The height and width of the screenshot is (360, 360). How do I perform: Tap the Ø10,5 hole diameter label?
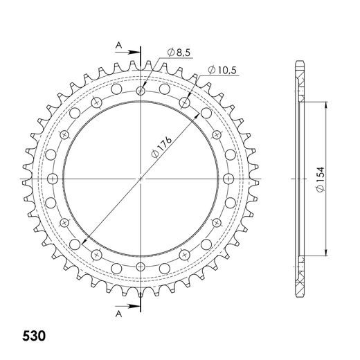tap(222, 69)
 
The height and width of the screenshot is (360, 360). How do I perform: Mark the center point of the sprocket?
tap(141, 178)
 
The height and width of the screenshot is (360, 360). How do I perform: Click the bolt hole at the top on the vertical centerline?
tap(141, 91)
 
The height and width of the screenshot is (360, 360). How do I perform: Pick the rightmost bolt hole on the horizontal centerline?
tap(228, 178)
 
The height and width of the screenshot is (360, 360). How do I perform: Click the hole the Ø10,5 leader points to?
tap(184, 102)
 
